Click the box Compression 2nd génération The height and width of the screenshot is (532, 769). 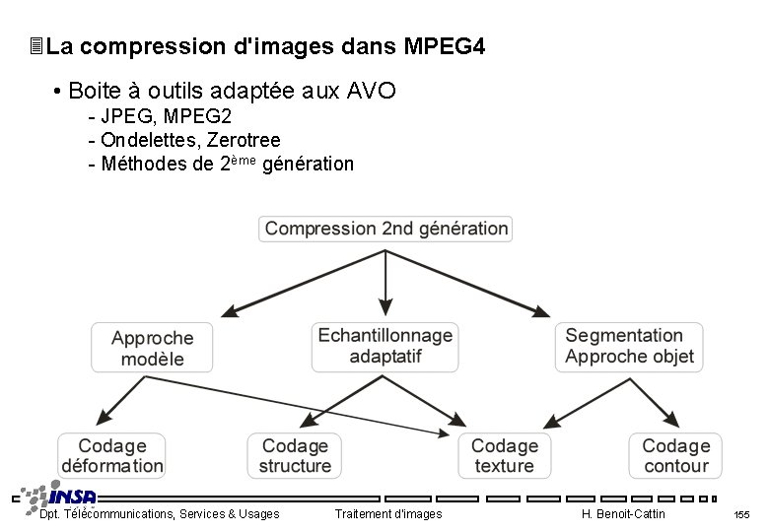click(x=385, y=230)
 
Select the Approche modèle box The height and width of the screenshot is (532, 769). click(x=152, y=349)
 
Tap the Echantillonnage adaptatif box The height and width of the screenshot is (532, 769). click(x=385, y=346)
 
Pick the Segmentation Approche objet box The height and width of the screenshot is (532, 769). click(x=629, y=347)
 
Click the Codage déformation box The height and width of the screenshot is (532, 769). click(x=112, y=456)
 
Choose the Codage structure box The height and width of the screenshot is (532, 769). click(x=295, y=456)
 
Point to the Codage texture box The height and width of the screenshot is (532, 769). click(x=504, y=456)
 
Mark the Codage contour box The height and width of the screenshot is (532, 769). click(x=675, y=456)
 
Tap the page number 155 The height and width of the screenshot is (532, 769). click(x=741, y=515)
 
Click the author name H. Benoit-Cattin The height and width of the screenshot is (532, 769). click(x=623, y=514)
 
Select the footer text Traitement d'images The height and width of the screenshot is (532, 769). click(x=388, y=514)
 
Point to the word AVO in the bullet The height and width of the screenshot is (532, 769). click(x=372, y=92)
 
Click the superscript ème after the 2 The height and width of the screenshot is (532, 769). click(x=245, y=159)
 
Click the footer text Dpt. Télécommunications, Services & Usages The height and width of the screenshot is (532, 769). click(x=159, y=514)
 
